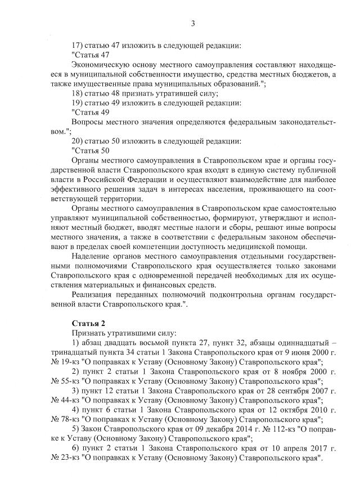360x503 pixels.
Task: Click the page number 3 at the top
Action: (x=193, y=23)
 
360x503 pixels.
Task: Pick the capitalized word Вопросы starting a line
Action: (x=87, y=122)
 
